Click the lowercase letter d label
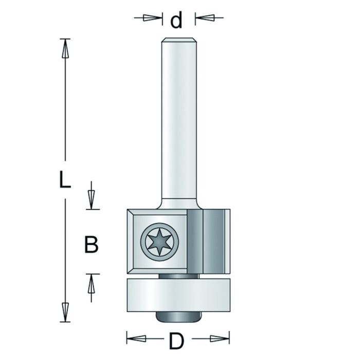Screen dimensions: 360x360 [x=176, y=20]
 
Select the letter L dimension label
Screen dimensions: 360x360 [x=63, y=181]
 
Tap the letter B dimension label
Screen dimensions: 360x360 [x=91, y=245]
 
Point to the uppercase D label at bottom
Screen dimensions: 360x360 [x=176, y=340]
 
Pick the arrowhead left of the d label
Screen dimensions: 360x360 [x=150, y=18]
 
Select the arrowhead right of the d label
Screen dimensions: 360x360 [x=204, y=18]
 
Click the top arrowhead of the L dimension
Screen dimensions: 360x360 [x=65, y=48]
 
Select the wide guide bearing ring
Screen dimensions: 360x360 [x=177, y=295]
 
